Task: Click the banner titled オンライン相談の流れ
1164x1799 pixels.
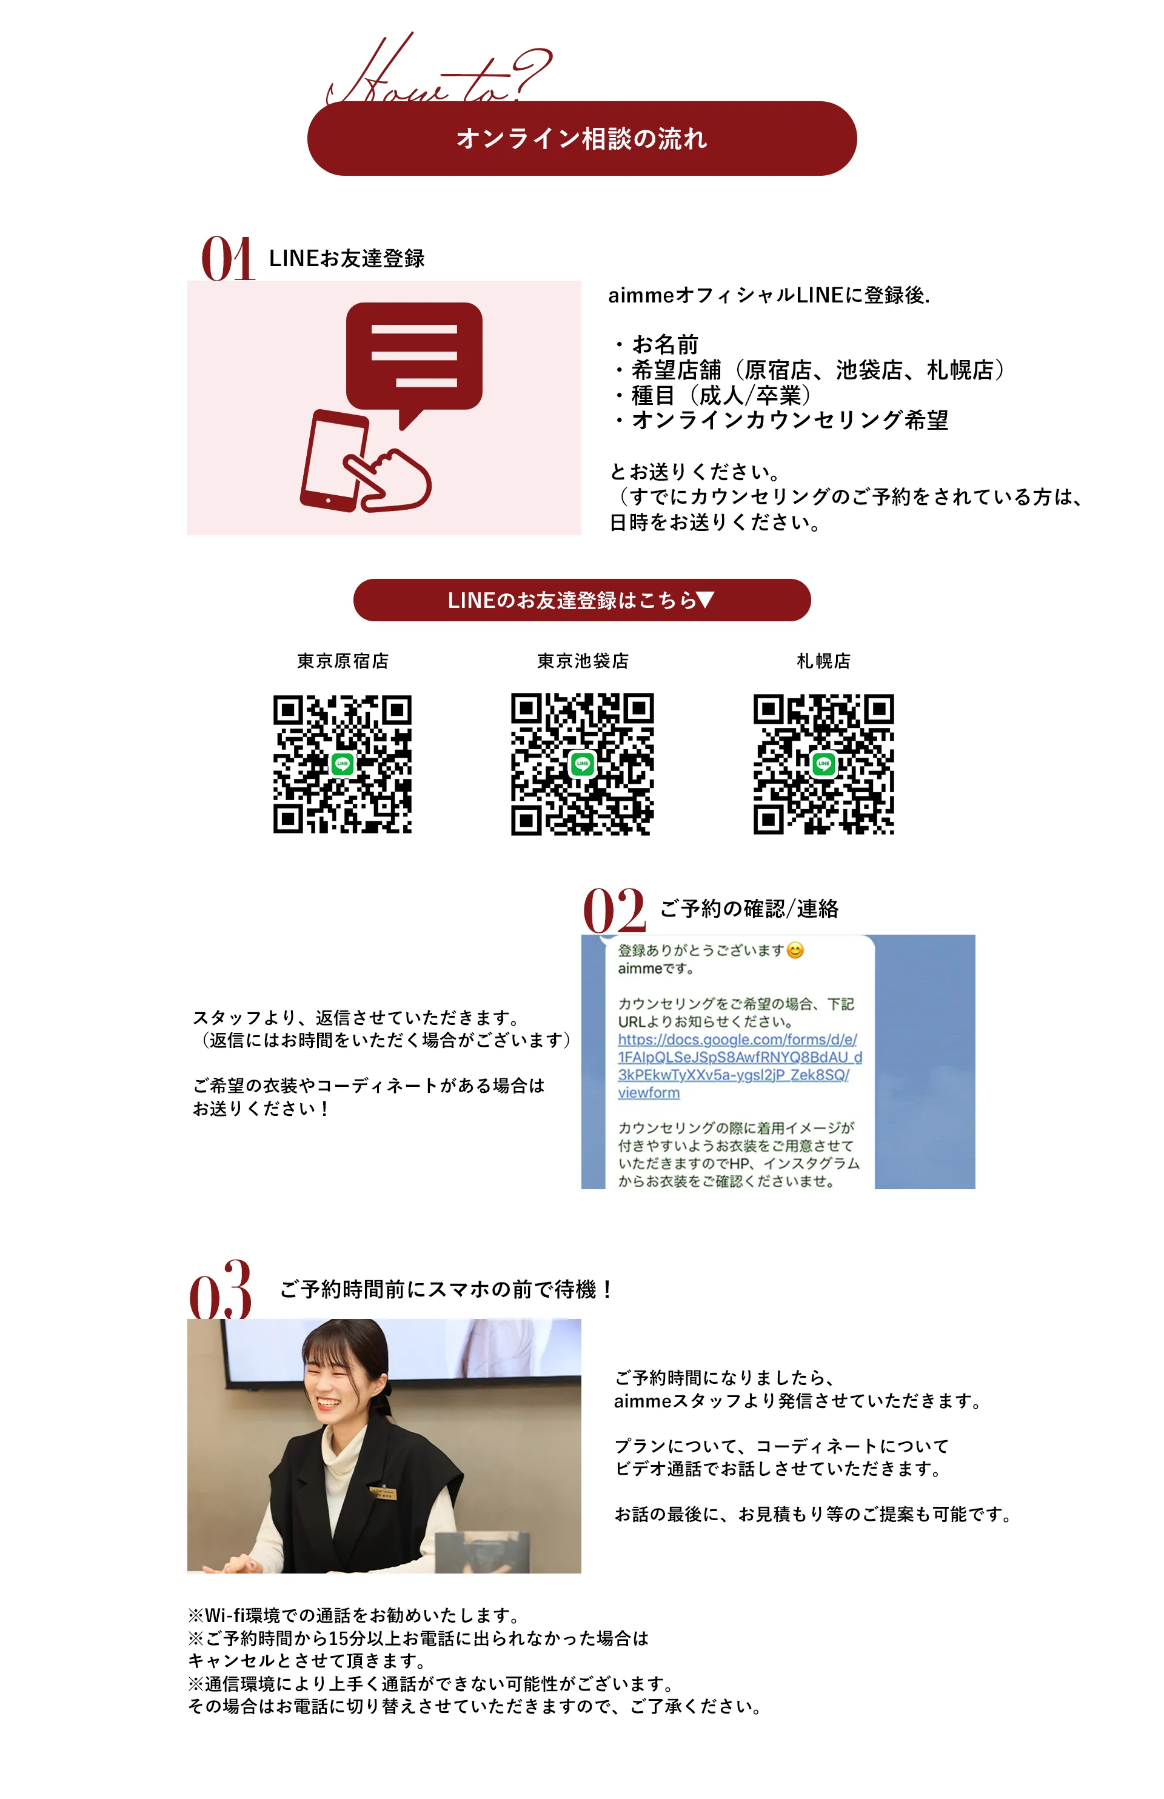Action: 581,138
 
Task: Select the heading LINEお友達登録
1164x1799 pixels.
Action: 346,258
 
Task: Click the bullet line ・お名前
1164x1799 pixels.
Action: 656,344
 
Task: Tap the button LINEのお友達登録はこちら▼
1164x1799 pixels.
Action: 581,600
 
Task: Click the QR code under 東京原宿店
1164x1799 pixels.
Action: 343,764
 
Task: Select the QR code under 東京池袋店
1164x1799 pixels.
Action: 582,764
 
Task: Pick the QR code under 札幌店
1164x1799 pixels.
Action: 823,764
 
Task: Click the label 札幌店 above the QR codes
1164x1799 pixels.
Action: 823,661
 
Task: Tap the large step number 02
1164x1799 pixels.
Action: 614,910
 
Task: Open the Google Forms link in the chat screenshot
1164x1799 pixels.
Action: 737,1066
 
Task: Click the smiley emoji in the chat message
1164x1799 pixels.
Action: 795,950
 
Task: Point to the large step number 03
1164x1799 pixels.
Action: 220,1290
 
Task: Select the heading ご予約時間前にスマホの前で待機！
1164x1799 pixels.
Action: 446,1290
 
